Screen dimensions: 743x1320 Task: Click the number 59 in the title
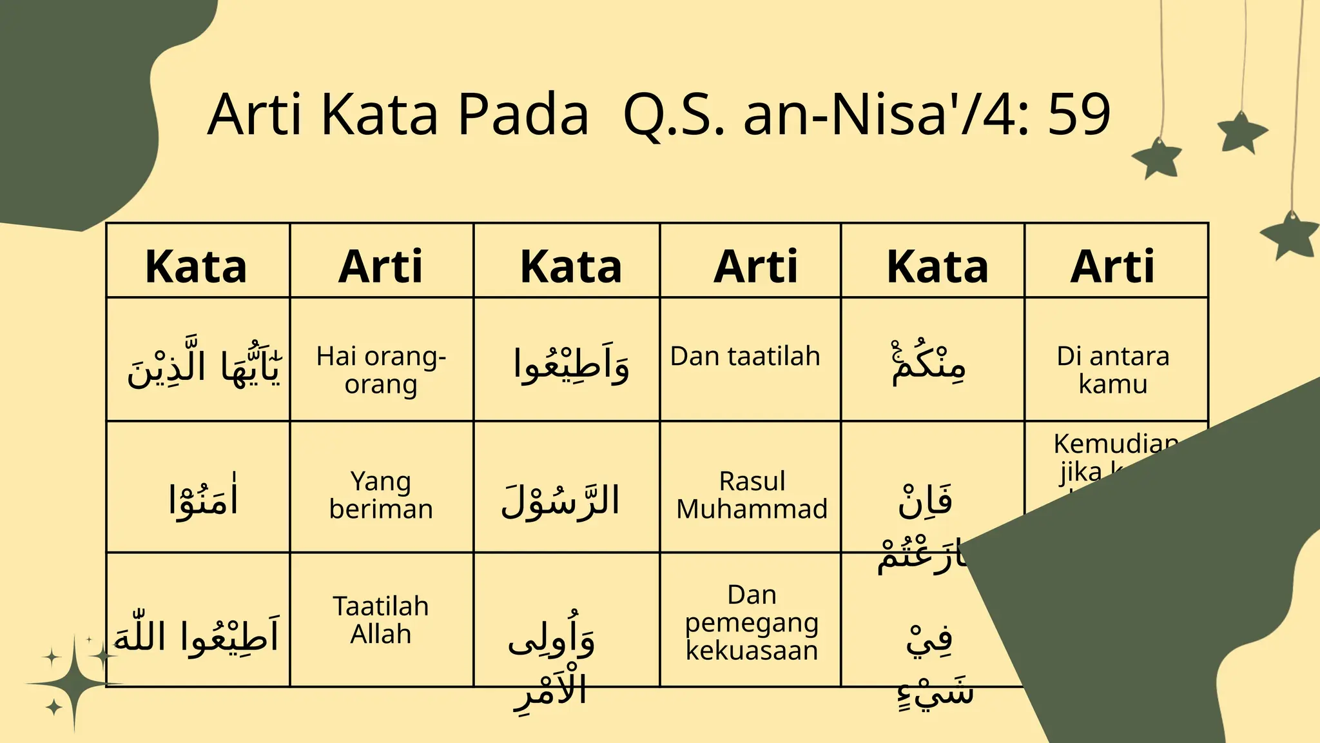point(1079,115)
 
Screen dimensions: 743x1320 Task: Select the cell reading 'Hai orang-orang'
point(381,370)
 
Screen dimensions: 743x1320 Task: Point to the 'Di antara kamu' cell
point(1112,370)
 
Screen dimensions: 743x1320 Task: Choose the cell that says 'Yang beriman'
point(381,495)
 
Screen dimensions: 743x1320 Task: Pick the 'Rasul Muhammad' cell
point(752,495)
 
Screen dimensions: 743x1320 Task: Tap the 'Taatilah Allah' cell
point(381,620)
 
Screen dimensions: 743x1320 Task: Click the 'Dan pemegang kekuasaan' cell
point(752,622)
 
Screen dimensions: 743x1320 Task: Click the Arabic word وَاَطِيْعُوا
point(571,365)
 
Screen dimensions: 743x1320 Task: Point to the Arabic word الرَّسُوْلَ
point(560,500)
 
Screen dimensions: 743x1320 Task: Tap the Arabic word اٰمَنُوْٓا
point(202,499)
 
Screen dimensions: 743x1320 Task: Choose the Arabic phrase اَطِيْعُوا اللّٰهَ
point(197,636)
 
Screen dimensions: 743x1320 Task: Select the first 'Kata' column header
point(197,266)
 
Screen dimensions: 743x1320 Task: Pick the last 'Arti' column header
point(1112,266)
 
